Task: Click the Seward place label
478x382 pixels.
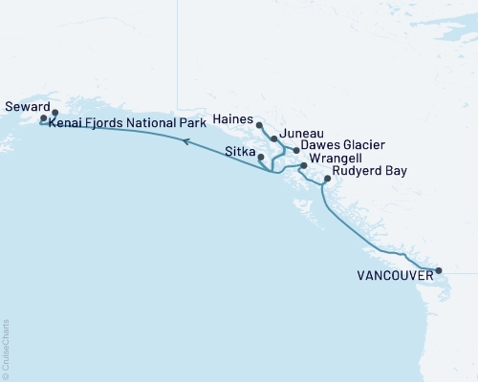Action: coord(25,107)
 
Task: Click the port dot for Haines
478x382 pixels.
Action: coord(259,125)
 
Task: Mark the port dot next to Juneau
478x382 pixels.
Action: coord(274,139)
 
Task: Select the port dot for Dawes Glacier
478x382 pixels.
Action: coord(295,151)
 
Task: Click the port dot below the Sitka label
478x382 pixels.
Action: coord(261,159)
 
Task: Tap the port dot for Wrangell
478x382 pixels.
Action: coord(304,166)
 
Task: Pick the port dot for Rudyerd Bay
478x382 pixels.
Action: coord(327,180)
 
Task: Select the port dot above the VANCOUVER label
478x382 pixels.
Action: coord(439,271)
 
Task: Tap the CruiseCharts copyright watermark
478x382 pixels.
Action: coord(6,349)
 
